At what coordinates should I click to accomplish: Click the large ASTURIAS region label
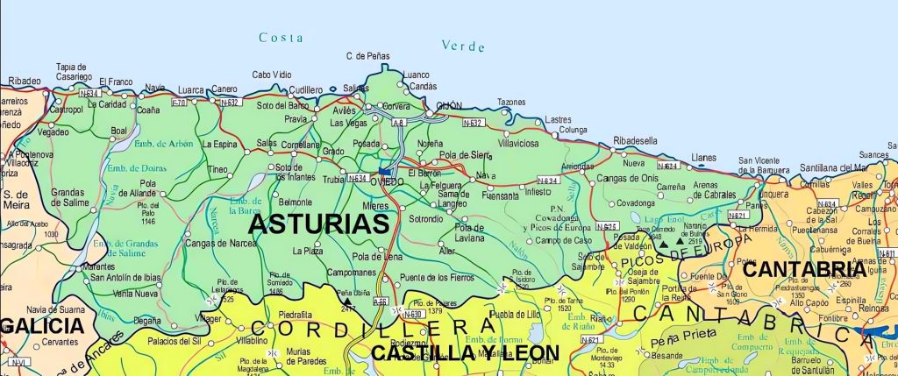[318, 223]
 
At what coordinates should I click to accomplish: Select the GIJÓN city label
[449, 106]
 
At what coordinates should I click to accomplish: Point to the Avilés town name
[344, 110]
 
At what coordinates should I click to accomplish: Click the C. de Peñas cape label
[367, 56]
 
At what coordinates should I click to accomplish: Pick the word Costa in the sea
[281, 38]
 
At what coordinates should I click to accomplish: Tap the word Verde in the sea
[463, 46]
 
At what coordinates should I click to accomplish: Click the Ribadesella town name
[636, 140]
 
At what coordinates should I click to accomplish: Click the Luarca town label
[190, 89]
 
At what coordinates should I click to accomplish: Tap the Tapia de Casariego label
[71, 71]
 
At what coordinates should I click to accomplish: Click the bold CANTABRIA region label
[805, 269]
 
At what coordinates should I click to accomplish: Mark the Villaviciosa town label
[524, 141]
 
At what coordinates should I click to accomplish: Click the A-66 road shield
[381, 302]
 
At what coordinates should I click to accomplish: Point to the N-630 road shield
[414, 314]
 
